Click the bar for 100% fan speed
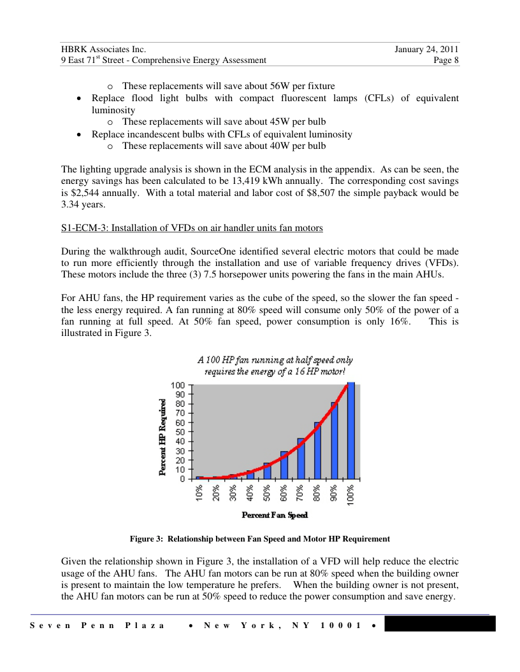point(350,430)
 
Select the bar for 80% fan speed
point(317,450)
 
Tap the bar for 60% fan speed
point(284,465)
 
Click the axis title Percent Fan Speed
point(275,515)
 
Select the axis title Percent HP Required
point(163,437)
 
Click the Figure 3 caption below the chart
point(260,539)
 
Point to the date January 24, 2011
point(427,49)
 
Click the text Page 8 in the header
point(445,60)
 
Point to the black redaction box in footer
point(440,624)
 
